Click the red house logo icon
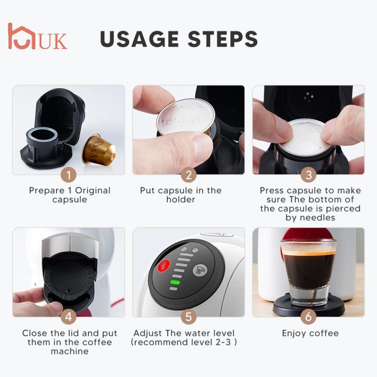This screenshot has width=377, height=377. click(22, 36)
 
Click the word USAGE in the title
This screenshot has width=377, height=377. click(141, 39)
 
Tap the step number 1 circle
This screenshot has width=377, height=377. click(69, 175)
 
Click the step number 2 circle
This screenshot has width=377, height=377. click(188, 175)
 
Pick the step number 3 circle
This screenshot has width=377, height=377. click(309, 175)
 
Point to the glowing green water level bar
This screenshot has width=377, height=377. click(175, 283)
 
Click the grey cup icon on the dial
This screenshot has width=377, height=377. click(199, 270)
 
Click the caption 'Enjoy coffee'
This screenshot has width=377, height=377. click(310, 333)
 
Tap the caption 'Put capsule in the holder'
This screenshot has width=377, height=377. click(187, 195)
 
